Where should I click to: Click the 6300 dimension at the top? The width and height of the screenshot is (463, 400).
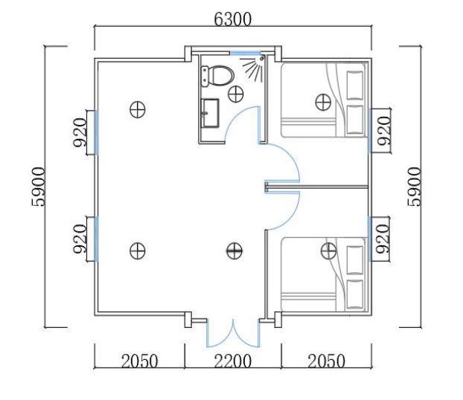[232, 19]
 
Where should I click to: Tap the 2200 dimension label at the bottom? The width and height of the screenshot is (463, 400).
[232, 361]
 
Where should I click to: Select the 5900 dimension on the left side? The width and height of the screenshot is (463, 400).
[39, 187]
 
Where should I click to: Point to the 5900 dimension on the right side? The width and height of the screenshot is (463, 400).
[414, 187]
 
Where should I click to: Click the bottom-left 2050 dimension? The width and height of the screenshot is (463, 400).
[139, 361]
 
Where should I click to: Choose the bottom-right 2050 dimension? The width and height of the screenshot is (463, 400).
[326, 361]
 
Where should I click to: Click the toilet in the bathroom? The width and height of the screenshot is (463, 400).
[217, 76]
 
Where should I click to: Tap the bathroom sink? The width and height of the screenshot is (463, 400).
[210, 113]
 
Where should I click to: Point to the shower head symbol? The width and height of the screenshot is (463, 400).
[253, 67]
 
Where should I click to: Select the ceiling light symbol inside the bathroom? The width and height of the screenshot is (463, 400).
[236, 94]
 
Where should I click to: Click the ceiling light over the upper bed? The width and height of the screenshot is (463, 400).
[323, 103]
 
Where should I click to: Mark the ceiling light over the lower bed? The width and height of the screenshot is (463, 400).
[328, 251]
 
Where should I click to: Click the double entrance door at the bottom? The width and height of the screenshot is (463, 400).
[233, 333]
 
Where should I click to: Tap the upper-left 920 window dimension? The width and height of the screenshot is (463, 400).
[80, 132]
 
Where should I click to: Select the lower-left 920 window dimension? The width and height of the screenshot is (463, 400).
[80, 239]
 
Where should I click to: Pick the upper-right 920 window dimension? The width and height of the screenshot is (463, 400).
[384, 131]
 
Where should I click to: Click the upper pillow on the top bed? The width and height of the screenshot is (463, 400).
[354, 86]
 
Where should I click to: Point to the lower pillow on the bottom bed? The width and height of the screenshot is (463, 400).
[354, 294]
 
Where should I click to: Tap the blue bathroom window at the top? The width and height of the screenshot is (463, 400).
[246, 53]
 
